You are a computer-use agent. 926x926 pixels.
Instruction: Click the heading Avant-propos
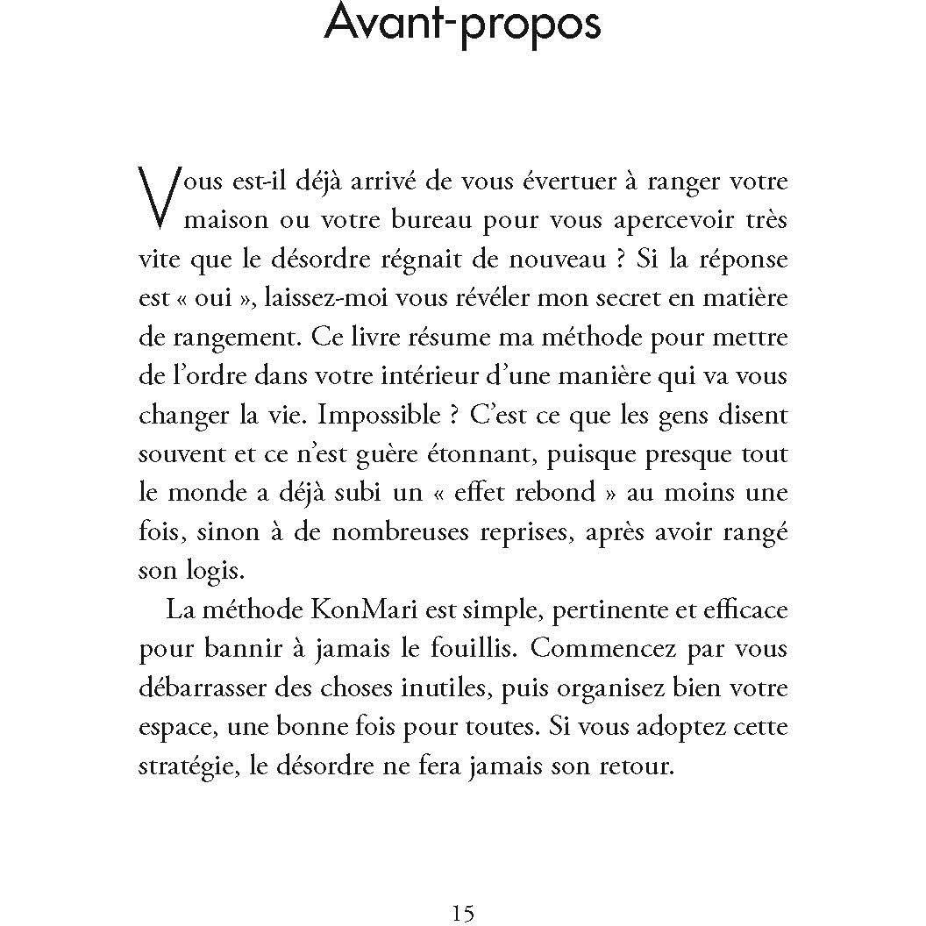pyautogui.click(x=462, y=24)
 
